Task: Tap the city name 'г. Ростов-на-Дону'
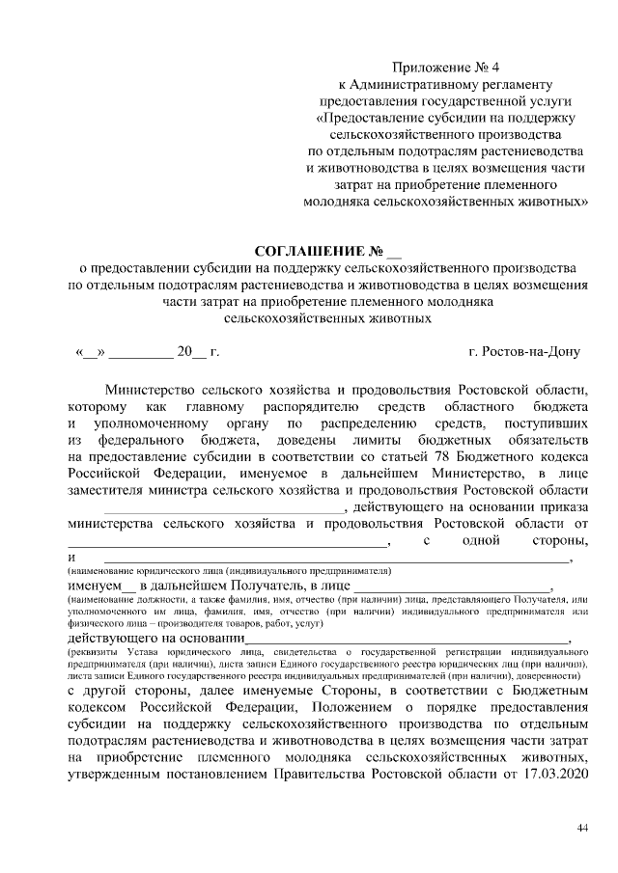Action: (523, 351)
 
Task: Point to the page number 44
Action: (581, 827)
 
